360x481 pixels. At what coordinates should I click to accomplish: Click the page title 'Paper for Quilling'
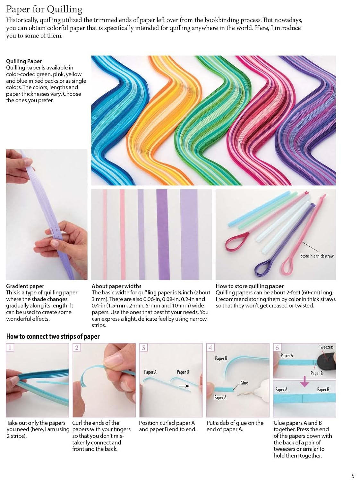point(44,9)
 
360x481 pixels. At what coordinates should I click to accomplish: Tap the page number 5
point(353,476)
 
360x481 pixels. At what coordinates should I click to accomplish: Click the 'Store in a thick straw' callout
point(317,256)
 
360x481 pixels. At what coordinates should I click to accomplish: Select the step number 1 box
point(10,347)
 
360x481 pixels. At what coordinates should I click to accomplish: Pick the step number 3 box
point(143,347)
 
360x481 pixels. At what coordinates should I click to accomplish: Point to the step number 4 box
point(210,347)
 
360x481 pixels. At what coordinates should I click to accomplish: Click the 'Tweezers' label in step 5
point(326,347)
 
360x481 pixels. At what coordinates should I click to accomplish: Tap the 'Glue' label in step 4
point(244,383)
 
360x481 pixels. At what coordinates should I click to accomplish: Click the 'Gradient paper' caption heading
point(25,286)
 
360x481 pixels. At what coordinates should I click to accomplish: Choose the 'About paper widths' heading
point(116,286)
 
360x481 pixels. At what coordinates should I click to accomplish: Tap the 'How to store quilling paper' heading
point(250,286)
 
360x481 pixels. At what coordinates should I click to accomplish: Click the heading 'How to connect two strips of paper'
point(53,336)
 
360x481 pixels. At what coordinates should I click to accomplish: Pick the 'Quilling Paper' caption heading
point(24,61)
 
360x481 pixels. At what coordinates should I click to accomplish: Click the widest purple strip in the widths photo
point(189,234)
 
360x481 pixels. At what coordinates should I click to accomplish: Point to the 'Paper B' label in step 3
point(183,372)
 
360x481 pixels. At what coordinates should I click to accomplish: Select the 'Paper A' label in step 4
point(220,397)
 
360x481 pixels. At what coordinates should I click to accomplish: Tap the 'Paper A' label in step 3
point(150,372)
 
